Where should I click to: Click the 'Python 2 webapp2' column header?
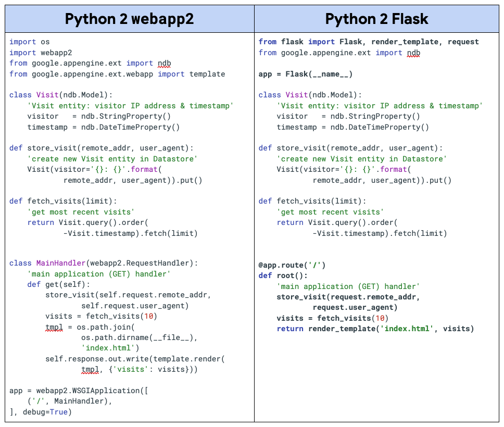129,19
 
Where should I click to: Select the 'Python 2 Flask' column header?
376,19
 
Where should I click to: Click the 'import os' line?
30,42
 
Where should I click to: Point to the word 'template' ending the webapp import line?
207,74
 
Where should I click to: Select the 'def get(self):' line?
59,284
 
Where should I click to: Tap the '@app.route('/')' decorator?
292,265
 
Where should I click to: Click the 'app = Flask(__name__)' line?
305,74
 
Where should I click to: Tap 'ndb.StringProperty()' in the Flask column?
375,116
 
